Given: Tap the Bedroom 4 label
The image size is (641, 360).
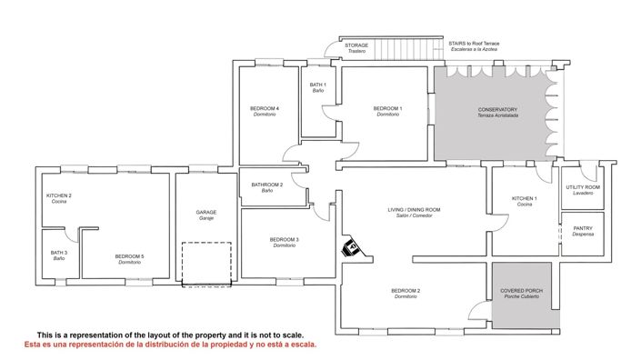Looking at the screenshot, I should point(265,112).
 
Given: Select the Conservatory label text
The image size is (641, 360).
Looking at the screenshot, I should point(497,113).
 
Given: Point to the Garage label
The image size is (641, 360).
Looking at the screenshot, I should point(206,215).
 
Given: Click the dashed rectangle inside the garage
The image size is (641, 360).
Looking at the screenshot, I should point(207,264).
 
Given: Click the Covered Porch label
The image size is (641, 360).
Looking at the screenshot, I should point(522,294).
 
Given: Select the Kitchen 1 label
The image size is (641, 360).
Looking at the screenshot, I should point(525,201).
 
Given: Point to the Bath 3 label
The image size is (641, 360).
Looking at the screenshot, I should point(59,255).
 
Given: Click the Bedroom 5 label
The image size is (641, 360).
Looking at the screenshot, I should point(130,259).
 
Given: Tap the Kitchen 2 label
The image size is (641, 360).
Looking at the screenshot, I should point(59,197).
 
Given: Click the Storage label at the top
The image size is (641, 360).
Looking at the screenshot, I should point(356,46).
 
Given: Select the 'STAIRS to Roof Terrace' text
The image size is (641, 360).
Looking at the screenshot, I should point(475,44).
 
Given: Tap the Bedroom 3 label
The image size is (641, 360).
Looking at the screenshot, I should point(285,243).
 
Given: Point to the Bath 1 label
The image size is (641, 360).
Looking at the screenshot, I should point(318,87).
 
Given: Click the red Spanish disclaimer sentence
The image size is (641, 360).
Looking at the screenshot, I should point(171,345).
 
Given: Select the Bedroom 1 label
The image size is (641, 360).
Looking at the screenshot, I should point(387,112).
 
